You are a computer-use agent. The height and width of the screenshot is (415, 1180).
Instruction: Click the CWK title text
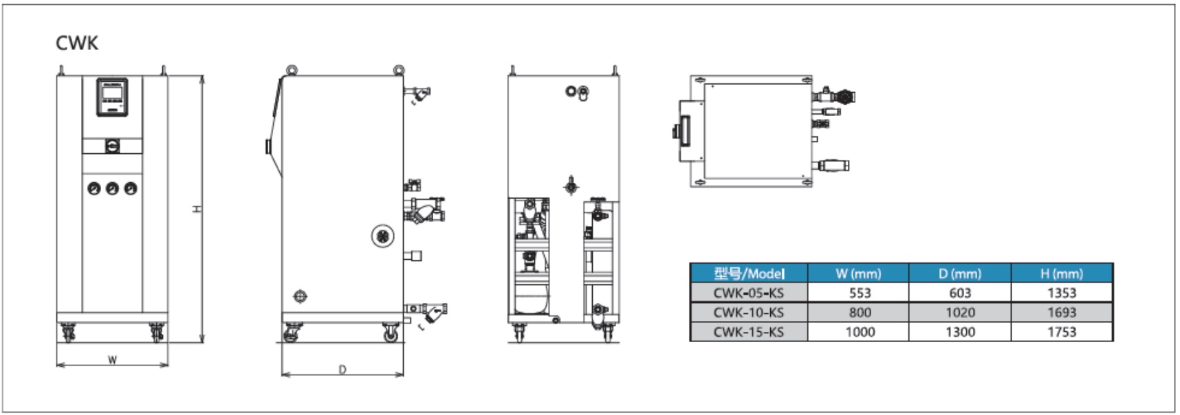(x=77, y=43)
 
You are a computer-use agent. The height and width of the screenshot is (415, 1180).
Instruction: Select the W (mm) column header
(x=857, y=273)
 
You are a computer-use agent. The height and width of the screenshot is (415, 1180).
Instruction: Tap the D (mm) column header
(x=959, y=273)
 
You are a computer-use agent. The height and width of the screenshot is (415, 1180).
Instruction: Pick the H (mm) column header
(x=1061, y=273)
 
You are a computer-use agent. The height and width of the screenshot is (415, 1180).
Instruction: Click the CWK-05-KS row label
(x=748, y=293)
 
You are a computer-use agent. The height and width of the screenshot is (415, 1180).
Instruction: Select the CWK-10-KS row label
(x=748, y=313)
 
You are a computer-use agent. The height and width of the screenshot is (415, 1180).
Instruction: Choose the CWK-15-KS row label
(x=748, y=332)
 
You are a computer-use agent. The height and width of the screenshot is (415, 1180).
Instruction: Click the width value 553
(x=860, y=293)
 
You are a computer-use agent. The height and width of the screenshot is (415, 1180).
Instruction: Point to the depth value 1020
(x=960, y=313)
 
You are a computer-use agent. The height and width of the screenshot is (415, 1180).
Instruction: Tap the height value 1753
(x=1061, y=332)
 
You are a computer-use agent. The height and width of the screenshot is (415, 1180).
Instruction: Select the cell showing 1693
(x=1061, y=313)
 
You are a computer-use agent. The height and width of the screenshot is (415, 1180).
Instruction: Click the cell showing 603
(x=960, y=293)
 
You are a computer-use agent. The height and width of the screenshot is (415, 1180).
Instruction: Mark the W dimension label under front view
(x=112, y=359)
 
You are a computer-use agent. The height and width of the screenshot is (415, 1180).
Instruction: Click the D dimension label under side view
(x=342, y=370)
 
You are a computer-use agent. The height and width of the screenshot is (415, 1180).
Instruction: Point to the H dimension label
(x=197, y=209)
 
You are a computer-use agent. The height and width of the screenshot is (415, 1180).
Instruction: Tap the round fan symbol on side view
(x=382, y=236)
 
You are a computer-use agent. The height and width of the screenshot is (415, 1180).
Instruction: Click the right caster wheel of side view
(x=391, y=335)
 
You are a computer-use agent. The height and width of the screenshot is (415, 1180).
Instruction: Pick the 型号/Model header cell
(x=748, y=273)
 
